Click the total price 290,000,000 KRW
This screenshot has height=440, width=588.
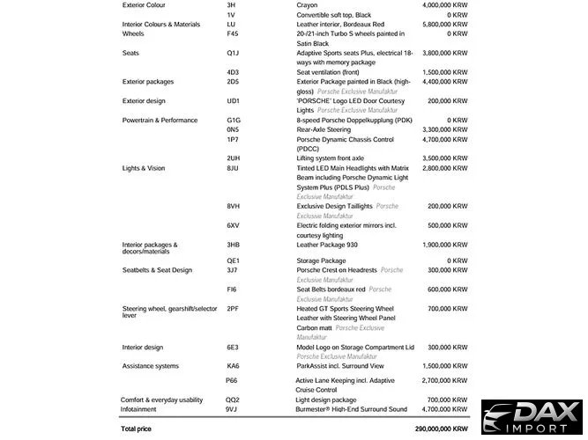[441, 429]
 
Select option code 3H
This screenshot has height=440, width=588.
[231, 5]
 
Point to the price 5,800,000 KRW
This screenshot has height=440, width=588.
[438, 25]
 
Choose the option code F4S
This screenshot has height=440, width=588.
[233, 34]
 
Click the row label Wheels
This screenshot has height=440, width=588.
[133, 34]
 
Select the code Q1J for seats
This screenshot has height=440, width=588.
[233, 53]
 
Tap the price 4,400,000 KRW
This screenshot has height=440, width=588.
[438, 82]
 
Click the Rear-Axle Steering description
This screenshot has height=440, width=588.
[324, 129]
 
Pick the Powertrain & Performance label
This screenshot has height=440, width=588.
[160, 121]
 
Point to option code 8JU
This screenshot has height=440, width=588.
[233, 168]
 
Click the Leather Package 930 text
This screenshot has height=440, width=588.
[327, 245]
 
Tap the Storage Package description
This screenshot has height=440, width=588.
[321, 261]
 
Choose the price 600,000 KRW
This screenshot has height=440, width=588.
[442, 290]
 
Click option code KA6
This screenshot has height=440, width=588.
[233, 366]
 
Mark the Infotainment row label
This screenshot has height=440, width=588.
[138, 409]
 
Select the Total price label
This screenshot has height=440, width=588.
[136, 429]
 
